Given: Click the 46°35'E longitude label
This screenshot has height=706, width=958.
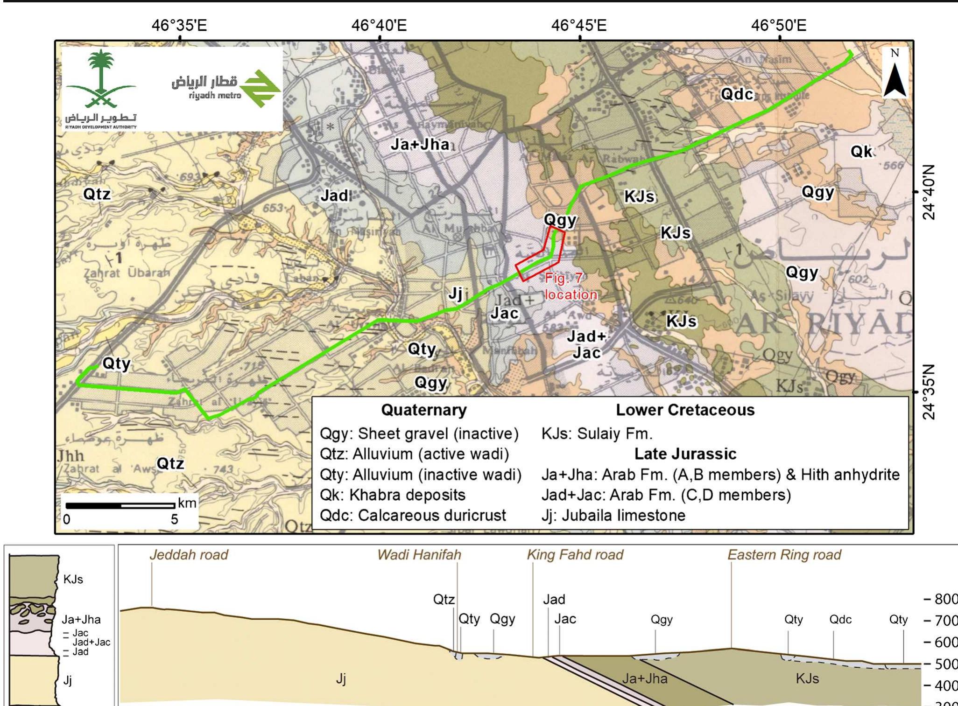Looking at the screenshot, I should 179,25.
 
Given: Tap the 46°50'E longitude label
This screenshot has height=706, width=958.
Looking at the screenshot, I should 778,25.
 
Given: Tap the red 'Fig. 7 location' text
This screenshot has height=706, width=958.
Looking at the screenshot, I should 570,287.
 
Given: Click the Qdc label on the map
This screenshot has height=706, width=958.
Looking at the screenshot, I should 737,94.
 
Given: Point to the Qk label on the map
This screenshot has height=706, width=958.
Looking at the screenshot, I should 861,152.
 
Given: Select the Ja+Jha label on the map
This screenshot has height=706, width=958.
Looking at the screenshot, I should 420,145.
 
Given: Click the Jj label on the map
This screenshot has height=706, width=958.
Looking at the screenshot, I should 455,294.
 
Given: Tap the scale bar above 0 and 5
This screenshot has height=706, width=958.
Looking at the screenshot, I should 120,505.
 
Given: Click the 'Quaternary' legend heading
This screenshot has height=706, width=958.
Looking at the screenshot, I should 423,410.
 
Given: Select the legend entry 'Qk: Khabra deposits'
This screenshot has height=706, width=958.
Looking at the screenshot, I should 392,495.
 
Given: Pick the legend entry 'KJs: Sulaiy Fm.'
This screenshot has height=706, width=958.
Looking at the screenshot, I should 597,433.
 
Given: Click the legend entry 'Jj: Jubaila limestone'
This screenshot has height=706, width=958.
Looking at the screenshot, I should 613,515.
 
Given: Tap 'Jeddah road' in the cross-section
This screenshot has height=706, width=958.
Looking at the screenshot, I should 189,554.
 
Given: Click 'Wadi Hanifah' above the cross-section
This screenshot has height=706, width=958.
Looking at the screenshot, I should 419,554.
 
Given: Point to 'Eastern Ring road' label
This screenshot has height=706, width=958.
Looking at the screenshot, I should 784,554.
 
